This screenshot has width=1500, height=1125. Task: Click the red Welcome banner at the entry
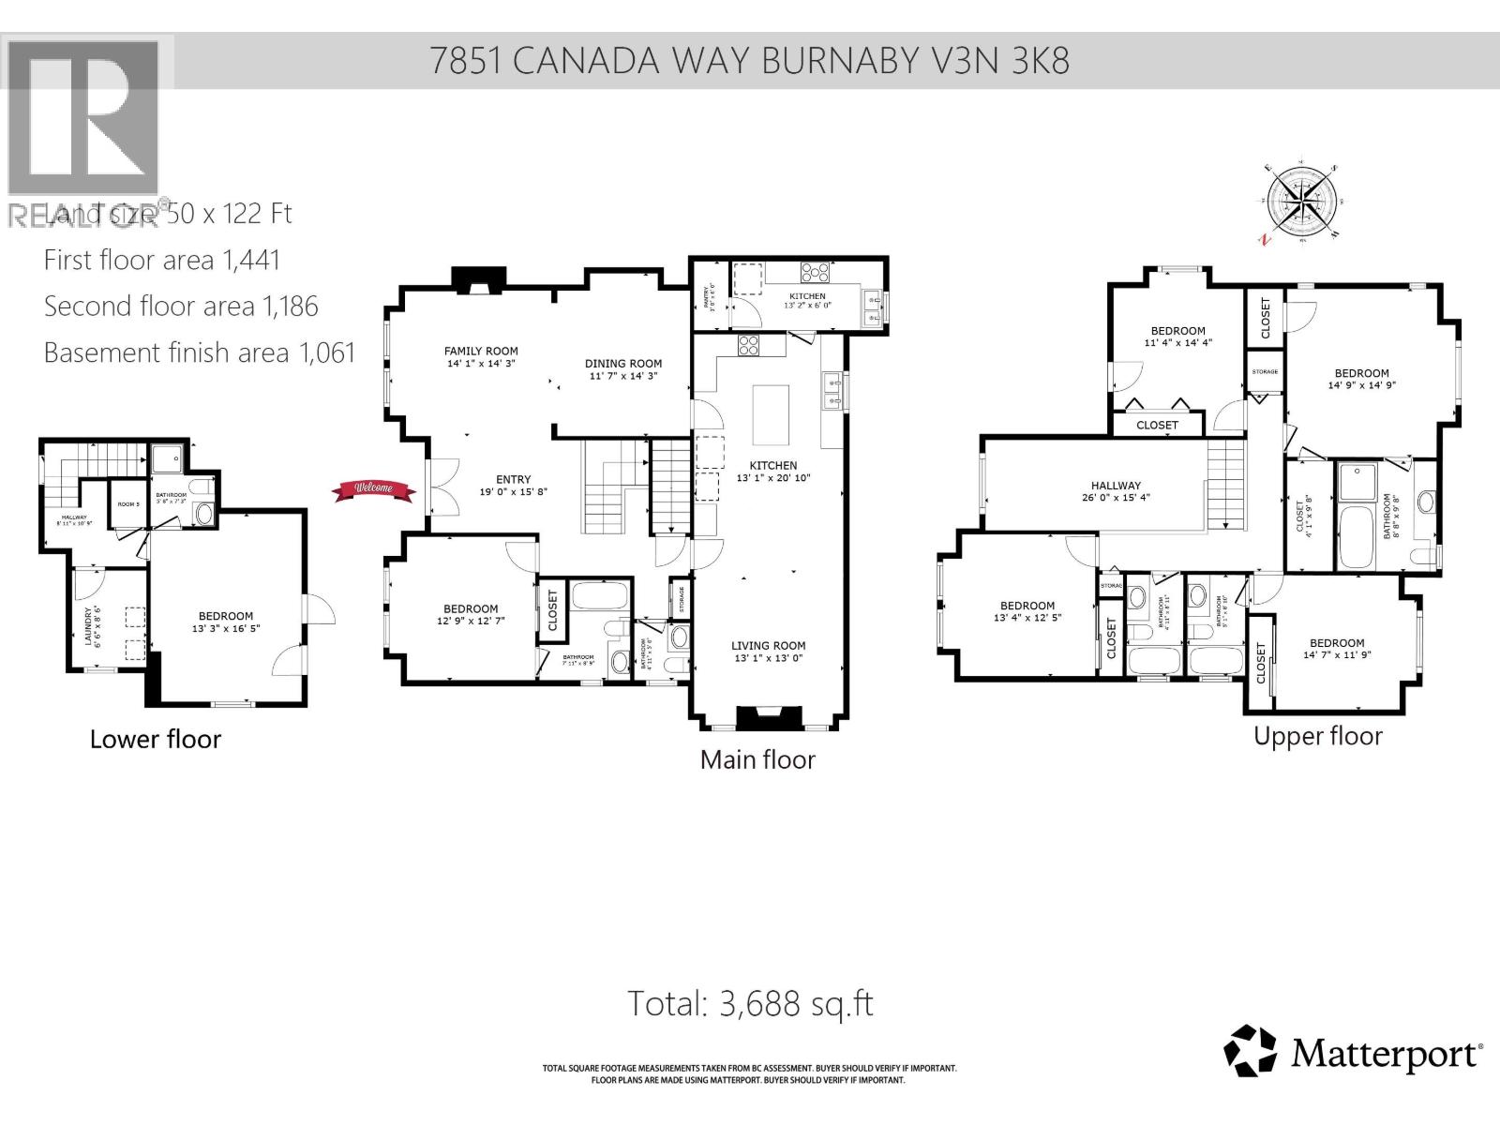pyautogui.click(x=373, y=488)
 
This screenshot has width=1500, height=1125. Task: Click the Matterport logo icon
pyautogui.click(x=1251, y=1051)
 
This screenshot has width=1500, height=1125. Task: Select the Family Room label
pyautogui.click(x=481, y=352)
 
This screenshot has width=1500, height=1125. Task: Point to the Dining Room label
pyautogui.click(x=623, y=364)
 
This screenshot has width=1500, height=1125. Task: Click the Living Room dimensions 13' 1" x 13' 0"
pyautogui.click(x=769, y=658)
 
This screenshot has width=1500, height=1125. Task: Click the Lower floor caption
pyautogui.click(x=156, y=739)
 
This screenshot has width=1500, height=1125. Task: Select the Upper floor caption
pyautogui.click(x=1317, y=736)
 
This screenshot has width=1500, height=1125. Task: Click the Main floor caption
pyautogui.click(x=757, y=759)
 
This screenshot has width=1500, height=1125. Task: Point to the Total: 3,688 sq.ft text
pyautogui.click(x=750, y=1004)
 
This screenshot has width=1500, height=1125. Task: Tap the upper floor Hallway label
pyautogui.click(x=1116, y=486)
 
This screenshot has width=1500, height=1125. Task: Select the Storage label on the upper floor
pyautogui.click(x=1265, y=372)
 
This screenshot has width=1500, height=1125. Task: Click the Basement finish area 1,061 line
pyautogui.click(x=200, y=352)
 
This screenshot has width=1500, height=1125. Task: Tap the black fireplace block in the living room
pyautogui.click(x=769, y=718)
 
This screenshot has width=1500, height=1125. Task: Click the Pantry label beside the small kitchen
pyautogui.click(x=710, y=296)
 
